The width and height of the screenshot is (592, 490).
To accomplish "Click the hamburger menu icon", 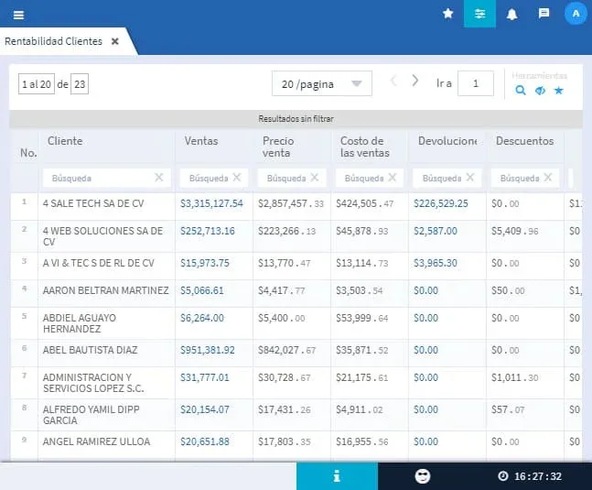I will click(x=19, y=15).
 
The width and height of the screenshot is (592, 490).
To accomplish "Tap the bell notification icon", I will click(x=511, y=14).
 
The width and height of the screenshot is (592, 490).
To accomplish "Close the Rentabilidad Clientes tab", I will click(x=114, y=41).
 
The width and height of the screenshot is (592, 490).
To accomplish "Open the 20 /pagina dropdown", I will click(x=321, y=83).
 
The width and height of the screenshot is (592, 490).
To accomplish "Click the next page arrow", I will click(x=415, y=81).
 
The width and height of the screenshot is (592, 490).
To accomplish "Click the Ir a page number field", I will click(x=476, y=83).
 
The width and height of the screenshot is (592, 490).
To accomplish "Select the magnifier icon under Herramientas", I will click(x=521, y=90).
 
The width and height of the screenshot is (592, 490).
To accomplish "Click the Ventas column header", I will click(x=201, y=141).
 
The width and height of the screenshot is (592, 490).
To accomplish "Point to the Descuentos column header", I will click(x=524, y=141).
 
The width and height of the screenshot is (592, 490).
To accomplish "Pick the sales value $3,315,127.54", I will click(x=211, y=203).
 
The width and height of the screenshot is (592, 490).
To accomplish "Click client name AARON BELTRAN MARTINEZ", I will click(x=105, y=290).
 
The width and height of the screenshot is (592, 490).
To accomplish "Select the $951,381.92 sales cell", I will click(x=208, y=350).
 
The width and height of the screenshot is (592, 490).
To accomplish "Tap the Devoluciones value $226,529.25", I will click(x=441, y=203).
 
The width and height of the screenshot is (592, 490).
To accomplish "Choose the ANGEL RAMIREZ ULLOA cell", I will click(x=97, y=441).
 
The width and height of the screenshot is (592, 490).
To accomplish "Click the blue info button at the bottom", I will click(x=337, y=475).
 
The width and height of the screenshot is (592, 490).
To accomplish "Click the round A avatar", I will click(x=576, y=14).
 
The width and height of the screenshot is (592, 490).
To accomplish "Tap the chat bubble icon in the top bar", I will click(x=544, y=14).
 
